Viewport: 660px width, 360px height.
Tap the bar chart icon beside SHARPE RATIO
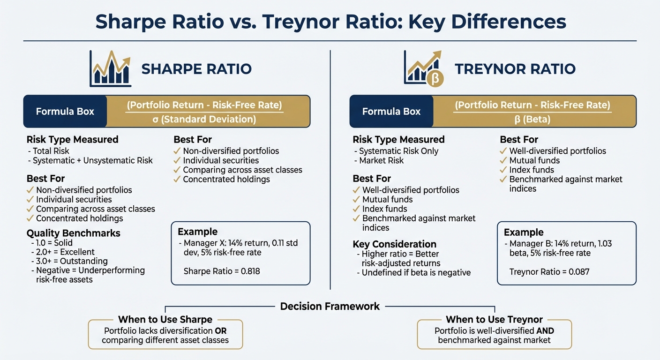click(111, 69)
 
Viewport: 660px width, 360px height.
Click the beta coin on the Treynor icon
click(435, 79)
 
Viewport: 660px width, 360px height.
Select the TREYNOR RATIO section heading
click(515, 69)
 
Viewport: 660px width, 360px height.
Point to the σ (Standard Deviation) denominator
click(204, 119)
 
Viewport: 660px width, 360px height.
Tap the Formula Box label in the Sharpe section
click(65, 112)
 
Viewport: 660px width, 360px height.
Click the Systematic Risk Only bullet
click(398, 151)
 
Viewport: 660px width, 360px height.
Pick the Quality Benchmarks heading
click(73, 233)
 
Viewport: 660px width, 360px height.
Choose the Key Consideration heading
click(394, 244)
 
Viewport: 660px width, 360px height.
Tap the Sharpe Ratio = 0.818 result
click(221, 271)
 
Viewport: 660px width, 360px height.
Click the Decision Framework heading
click(330, 307)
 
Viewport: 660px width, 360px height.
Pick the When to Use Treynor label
click(494, 320)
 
